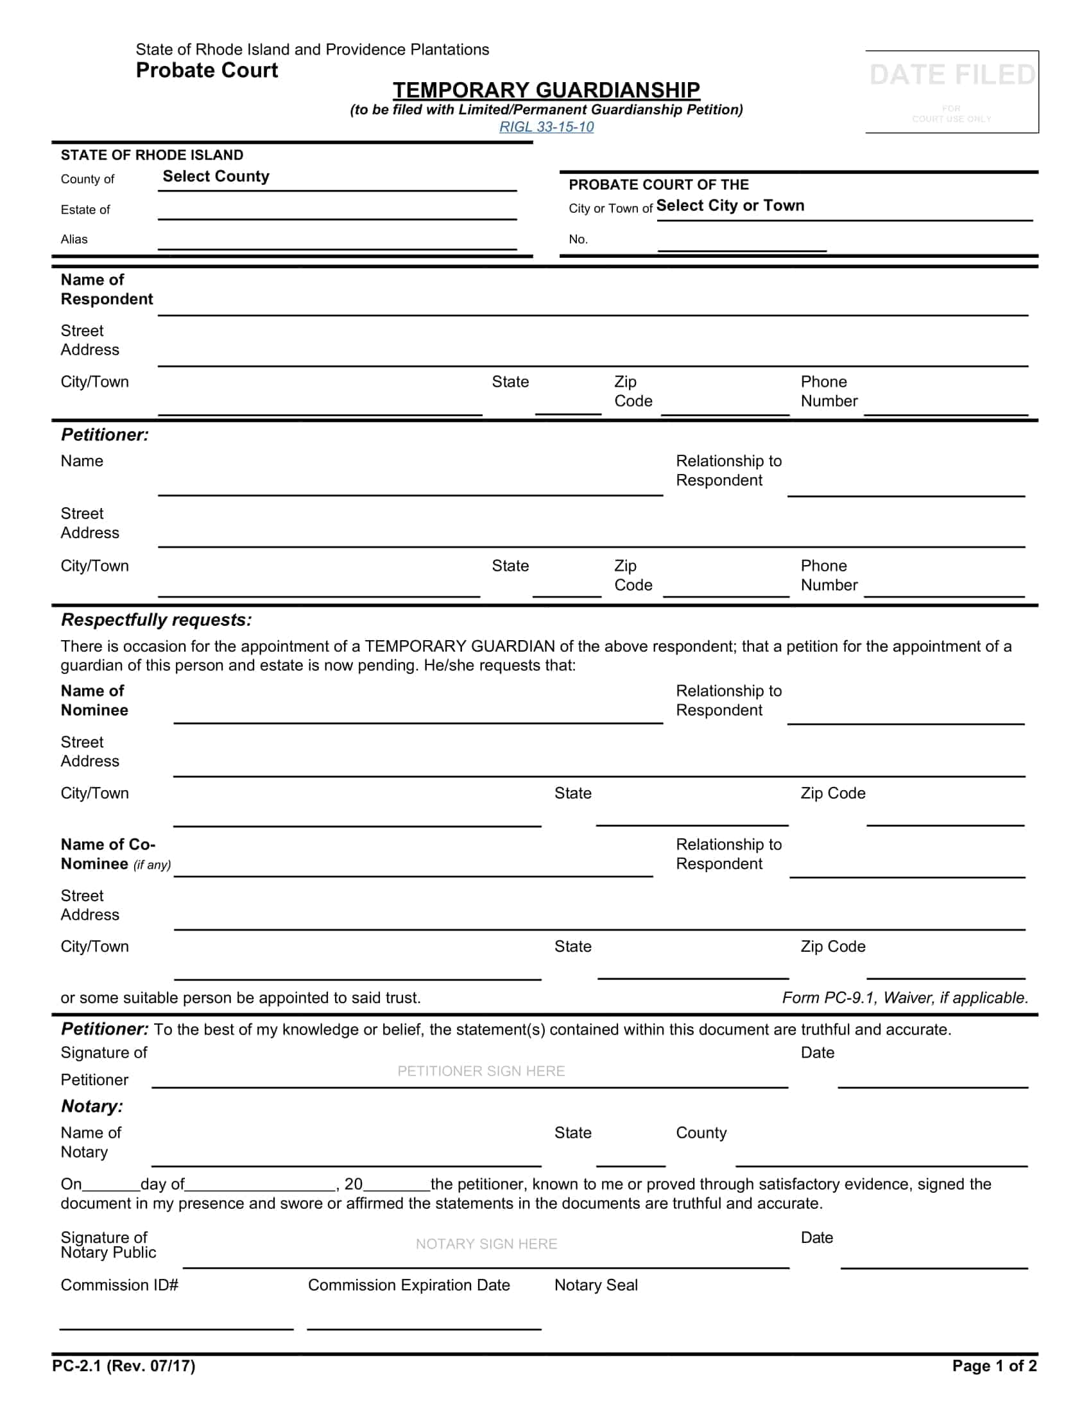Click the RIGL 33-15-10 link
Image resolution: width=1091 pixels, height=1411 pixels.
click(x=546, y=126)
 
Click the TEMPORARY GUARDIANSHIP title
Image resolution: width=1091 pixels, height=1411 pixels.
click(x=546, y=90)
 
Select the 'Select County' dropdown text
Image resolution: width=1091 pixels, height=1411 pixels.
click(x=216, y=176)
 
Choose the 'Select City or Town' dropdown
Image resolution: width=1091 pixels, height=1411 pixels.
click(x=730, y=205)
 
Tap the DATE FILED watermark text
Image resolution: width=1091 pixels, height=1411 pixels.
click(x=951, y=75)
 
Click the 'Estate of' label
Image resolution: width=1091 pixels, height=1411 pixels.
click(x=85, y=209)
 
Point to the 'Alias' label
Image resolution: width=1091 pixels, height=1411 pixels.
click(x=74, y=239)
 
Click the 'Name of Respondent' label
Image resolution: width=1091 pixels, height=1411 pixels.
click(x=107, y=289)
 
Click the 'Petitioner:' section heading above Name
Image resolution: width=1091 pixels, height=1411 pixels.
click(x=105, y=435)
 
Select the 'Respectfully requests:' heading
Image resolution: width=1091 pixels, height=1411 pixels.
click(x=157, y=620)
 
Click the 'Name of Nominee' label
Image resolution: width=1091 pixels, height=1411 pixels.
click(x=94, y=700)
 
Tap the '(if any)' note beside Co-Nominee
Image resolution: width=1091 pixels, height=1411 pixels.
click(x=152, y=865)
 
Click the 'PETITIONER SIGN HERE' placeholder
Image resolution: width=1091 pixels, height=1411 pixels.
click(x=481, y=1071)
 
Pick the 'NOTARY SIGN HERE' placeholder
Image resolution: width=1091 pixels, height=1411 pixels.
click(x=486, y=1244)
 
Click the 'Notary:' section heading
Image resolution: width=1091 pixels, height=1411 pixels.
click(x=92, y=1106)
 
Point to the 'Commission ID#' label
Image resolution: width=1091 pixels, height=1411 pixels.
click(x=119, y=1285)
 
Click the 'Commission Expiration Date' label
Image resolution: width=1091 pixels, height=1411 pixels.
click(x=408, y=1285)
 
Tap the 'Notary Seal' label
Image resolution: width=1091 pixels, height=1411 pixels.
click(x=596, y=1285)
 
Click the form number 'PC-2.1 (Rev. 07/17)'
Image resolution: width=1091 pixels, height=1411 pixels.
click(x=124, y=1365)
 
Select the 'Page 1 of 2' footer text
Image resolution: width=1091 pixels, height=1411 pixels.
click(x=994, y=1365)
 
